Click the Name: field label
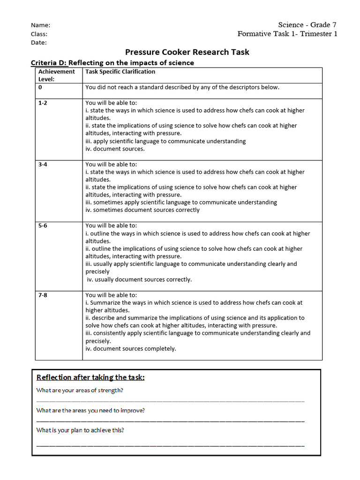[x=40, y=25]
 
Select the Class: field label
[x=39, y=34]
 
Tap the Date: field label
[x=38, y=43]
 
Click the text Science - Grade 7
[x=307, y=25]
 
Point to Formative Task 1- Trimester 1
[x=287, y=34]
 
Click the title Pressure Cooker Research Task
[x=187, y=52]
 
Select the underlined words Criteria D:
[x=49, y=63]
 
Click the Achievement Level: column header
[x=56, y=75]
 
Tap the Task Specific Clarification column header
[x=120, y=72]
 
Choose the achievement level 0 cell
[x=40, y=87]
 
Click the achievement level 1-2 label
[x=43, y=103]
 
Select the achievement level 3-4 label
[x=43, y=165]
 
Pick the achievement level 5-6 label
[x=43, y=225]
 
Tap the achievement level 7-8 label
[x=43, y=295]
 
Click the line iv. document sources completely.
[x=131, y=349]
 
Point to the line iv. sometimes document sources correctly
[x=142, y=210]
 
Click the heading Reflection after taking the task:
[x=90, y=377]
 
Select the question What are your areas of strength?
[x=83, y=390]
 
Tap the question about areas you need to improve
[x=90, y=410]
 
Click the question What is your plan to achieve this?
[x=80, y=430]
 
